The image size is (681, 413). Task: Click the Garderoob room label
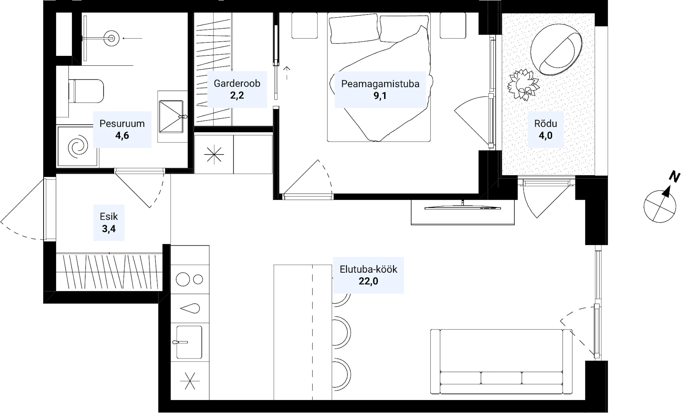click(237, 83)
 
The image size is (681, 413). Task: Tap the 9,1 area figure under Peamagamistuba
click(380, 96)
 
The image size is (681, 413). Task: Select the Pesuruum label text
click(122, 123)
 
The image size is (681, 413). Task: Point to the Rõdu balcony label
click(545, 123)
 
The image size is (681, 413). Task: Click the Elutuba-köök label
click(368, 269)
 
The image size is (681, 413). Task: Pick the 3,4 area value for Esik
click(109, 229)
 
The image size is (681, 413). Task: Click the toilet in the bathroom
click(86, 91)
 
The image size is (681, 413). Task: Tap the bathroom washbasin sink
click(171, 116)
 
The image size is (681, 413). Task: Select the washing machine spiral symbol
click(78, 147)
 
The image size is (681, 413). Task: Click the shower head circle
click(111, 38)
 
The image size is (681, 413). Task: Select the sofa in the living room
click(502, 362)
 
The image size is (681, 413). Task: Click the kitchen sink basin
click(189, 342)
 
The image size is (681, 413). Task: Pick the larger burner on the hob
click(183, 279)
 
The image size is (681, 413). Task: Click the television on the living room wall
click(463, 207)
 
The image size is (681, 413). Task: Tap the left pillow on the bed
click(354, 29)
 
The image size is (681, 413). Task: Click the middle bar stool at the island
click(342, 332)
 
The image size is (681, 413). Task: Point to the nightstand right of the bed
click(453, 26)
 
